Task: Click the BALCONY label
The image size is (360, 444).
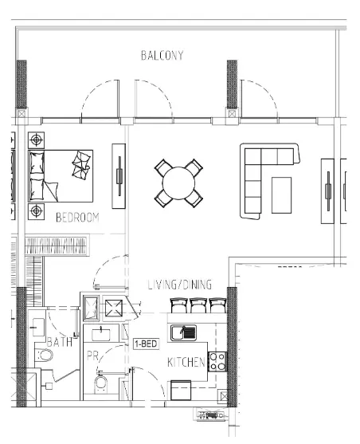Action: (x=162, y=56)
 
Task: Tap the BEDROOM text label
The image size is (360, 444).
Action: (x=77, y=218)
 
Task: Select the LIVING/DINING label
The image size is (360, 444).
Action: (x=181, y=285)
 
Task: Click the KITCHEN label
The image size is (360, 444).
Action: (x=186, y=363)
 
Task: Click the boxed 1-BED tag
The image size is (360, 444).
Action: (x=144, y=345)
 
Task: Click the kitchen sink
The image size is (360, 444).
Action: (x=183, y=332)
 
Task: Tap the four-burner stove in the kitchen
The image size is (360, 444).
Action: (x=217, y=362)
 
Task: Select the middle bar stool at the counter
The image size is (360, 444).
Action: (x=199, y=306)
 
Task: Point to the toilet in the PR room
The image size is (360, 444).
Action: (x=101, y=385)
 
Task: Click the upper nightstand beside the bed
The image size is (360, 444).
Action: (x=35, y=140)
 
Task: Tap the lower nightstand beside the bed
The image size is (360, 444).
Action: (x=36, y=211)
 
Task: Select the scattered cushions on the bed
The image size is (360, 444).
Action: (x=82, y=165)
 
